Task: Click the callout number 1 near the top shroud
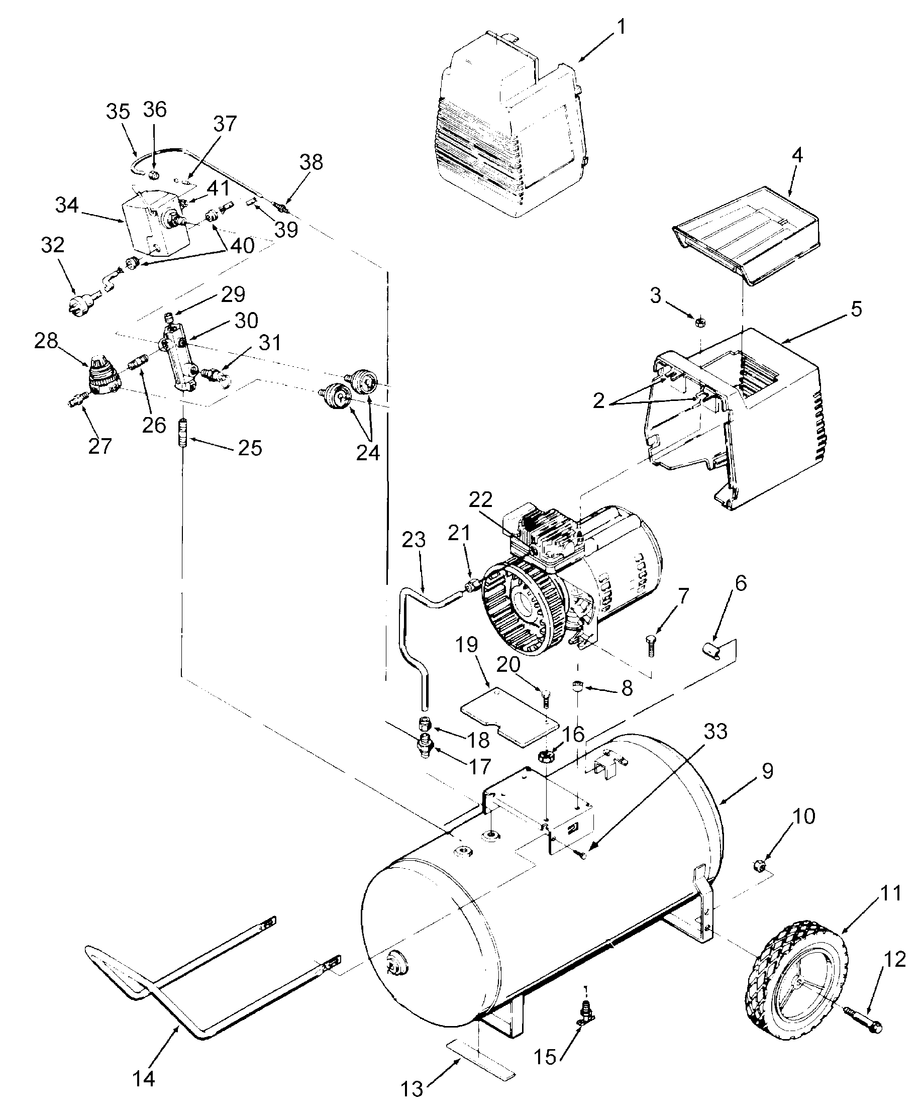[x=621, y=27]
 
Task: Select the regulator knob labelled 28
[x=102, y=375]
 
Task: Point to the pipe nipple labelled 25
[x=183, y=434]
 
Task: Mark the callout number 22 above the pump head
[x=480, y=500]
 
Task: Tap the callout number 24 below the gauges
[x=368, y=452]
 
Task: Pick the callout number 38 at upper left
[x=311, y=162]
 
